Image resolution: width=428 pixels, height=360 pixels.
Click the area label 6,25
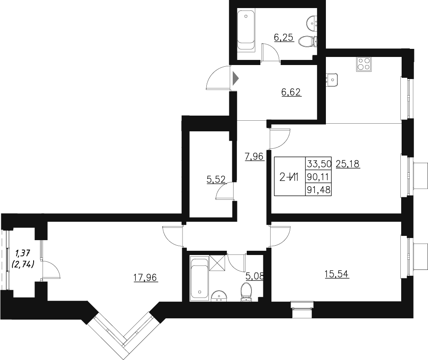tap(284, 38)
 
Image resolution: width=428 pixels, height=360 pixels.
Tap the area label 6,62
tap(291, 92)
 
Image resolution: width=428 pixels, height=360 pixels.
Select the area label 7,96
tap(254, 157)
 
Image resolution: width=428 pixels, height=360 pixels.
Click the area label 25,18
tap(348, 164)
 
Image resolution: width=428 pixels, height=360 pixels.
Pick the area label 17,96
tap(146, 278)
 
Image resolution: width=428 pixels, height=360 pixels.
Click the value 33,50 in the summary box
tap(319, 164)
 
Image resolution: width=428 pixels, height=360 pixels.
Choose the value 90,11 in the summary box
tap(318, 177)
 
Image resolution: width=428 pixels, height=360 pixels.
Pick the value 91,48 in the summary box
tap(318, 190)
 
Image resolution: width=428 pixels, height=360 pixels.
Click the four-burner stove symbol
tap(364, 63)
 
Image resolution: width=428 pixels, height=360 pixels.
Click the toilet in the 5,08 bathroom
tap(246, 292)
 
